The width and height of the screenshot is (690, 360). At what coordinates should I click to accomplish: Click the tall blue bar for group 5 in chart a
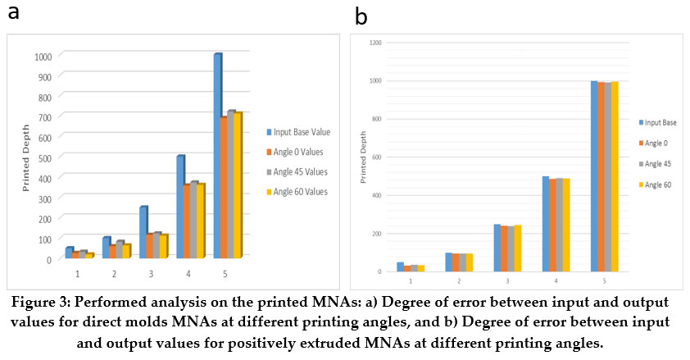click(217, 156)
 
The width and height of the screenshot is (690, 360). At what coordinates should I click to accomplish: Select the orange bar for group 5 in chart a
click(224, 189)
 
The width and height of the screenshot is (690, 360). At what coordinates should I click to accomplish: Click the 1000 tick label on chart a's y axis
click(43, 56)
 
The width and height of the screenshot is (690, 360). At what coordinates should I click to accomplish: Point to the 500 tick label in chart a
click(44, 157)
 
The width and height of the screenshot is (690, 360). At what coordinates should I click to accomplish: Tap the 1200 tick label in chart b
click(375, 42)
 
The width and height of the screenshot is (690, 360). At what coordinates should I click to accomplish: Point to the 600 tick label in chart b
click(377, 157)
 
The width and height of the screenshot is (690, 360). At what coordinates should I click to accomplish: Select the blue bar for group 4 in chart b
click(545, 223)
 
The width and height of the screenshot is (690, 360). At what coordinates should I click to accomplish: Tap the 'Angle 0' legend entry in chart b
click(658, 143)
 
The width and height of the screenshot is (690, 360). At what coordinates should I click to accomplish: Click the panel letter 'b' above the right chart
click(361, 16)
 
